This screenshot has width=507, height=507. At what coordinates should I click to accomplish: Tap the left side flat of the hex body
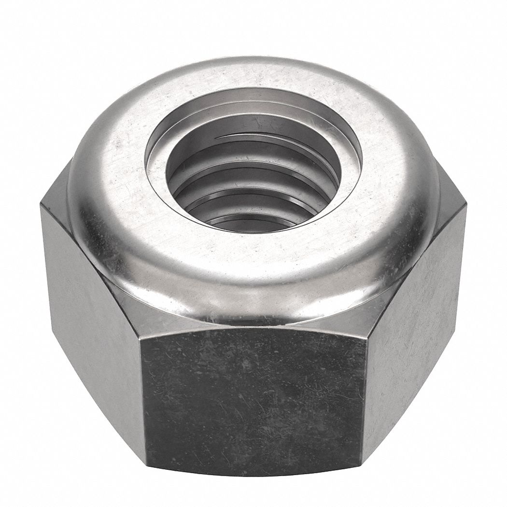[x=92, y=309]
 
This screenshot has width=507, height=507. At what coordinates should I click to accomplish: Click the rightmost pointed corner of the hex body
[x=466, y=206]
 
